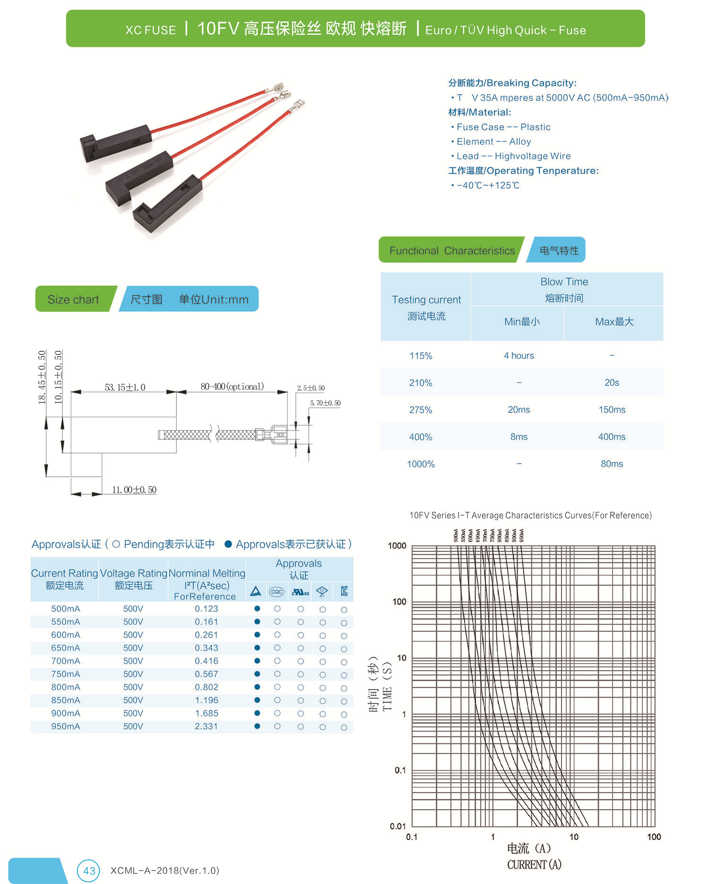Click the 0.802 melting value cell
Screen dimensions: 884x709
(x=207, y=687)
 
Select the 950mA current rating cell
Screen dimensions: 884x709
(x=66, y=726)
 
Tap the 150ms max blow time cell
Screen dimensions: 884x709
(x=612, y=410)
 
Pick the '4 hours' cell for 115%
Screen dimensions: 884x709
(x=519, y=356)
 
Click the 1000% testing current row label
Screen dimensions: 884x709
(x=421, y=464)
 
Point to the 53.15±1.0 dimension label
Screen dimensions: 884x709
(x=125, y=388)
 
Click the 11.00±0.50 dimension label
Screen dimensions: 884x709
(x=134, y=490)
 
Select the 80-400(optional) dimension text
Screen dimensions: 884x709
(x=232, y=387)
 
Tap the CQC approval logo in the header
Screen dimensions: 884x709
(x=277, y=592)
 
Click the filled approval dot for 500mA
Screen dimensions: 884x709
(x=257, y=608)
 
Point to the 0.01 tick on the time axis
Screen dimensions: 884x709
(x=398, y=826)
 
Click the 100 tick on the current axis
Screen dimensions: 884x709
(x=654, y=837)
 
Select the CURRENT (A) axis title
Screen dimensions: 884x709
(x=534, y=865)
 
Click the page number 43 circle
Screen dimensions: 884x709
(x=89, y=871)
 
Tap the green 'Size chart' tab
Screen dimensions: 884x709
(x=74, y=299)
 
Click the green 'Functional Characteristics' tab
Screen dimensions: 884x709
(x=451, y=251)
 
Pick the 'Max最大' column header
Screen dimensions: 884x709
(x=614, y=322)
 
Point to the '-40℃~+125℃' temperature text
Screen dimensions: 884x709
(x=488, y=185)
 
